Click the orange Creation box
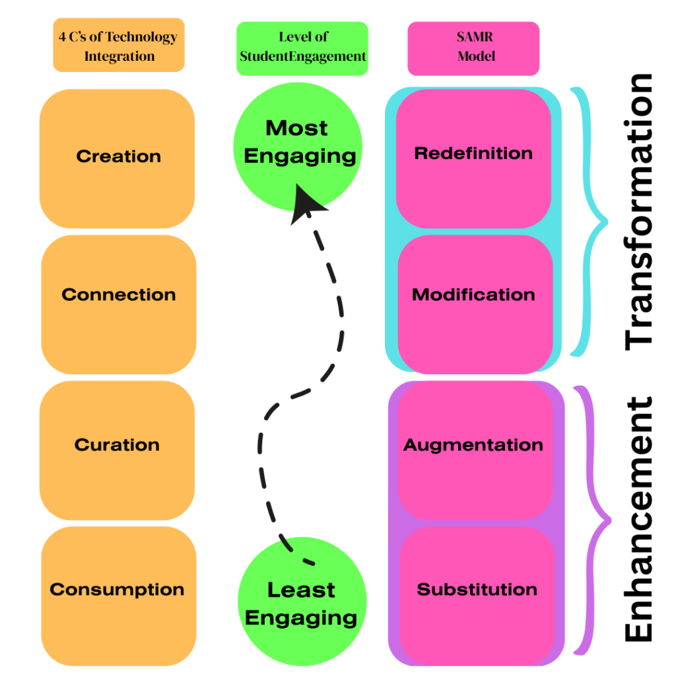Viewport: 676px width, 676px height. click(x=118, y=157)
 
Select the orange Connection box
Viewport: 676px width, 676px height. click(x=119, y=304)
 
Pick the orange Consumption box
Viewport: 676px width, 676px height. click(x=118, y=594)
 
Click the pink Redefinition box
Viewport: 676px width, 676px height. click(x=473, y=158)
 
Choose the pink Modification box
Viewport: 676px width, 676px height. click(x=474, y=304)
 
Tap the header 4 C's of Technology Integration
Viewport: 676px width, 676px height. click(x=119, y=46)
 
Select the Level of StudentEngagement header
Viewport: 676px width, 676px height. click(x=302, y=46)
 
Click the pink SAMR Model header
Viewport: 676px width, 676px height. click(x=473, y=48)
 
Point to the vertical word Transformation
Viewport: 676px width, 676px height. click(x=638, y=211)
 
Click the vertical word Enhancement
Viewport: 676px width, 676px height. click(x=638, y=518)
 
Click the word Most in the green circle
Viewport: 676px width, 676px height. click(x=296, y=128)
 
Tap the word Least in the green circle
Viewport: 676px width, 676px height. click(x=301, y=590)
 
